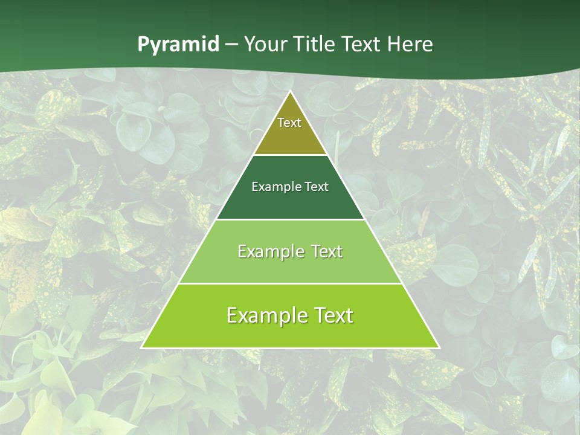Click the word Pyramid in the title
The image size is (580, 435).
pyautogui.click(x=178, y=45)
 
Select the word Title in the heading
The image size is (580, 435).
pyautogui.click(x=315, y=44)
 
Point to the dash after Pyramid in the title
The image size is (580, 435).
pyautogui.click(x=231, y=45)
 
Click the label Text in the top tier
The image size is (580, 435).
pyautogui.click(x=289, y=123)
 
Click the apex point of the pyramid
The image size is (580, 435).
pyautogui.click(x=290, y=92)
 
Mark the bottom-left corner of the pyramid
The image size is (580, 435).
pyautogui.click(x=142, y=347)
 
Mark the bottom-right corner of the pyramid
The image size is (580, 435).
pyautogui.click(x=439, y=347)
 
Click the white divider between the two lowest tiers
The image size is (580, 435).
pyautogui.click(x=290, y=283)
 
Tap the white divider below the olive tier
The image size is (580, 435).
pyautogui.click(x=290, y=155)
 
